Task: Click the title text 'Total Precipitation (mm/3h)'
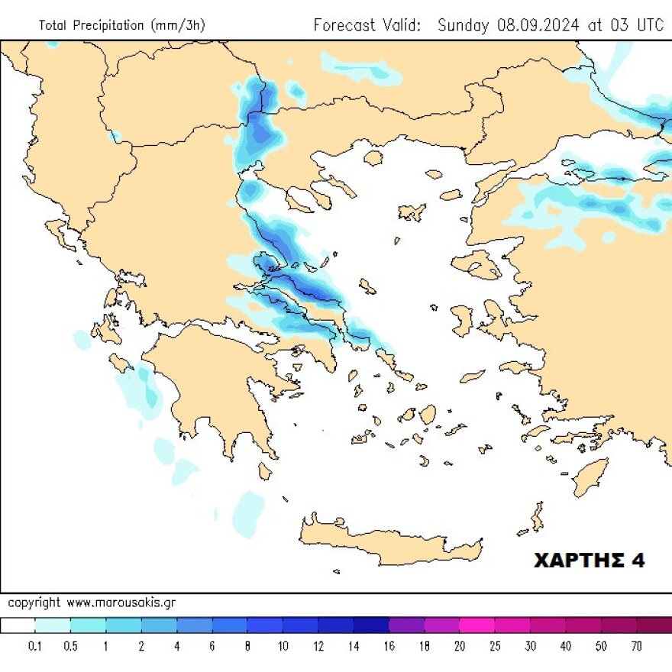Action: tap(121, 25)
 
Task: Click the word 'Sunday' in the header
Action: tap(463, 24)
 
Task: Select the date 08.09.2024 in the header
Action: tap(538, 24)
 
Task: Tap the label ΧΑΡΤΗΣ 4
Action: tap(588, 561)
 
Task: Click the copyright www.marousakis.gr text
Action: tap(92, 603)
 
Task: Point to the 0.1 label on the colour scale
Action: tap(35, 646)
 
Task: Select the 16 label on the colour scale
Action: tap(389, 646)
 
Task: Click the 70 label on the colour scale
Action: tap(636, 646)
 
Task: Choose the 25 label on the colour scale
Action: tap(495, 646)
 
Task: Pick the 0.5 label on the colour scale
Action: tap(70, 646)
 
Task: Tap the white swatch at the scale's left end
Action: tap(18, 625)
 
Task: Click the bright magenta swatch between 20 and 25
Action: tap(477, 625)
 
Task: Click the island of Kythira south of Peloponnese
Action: tap(265, 470)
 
